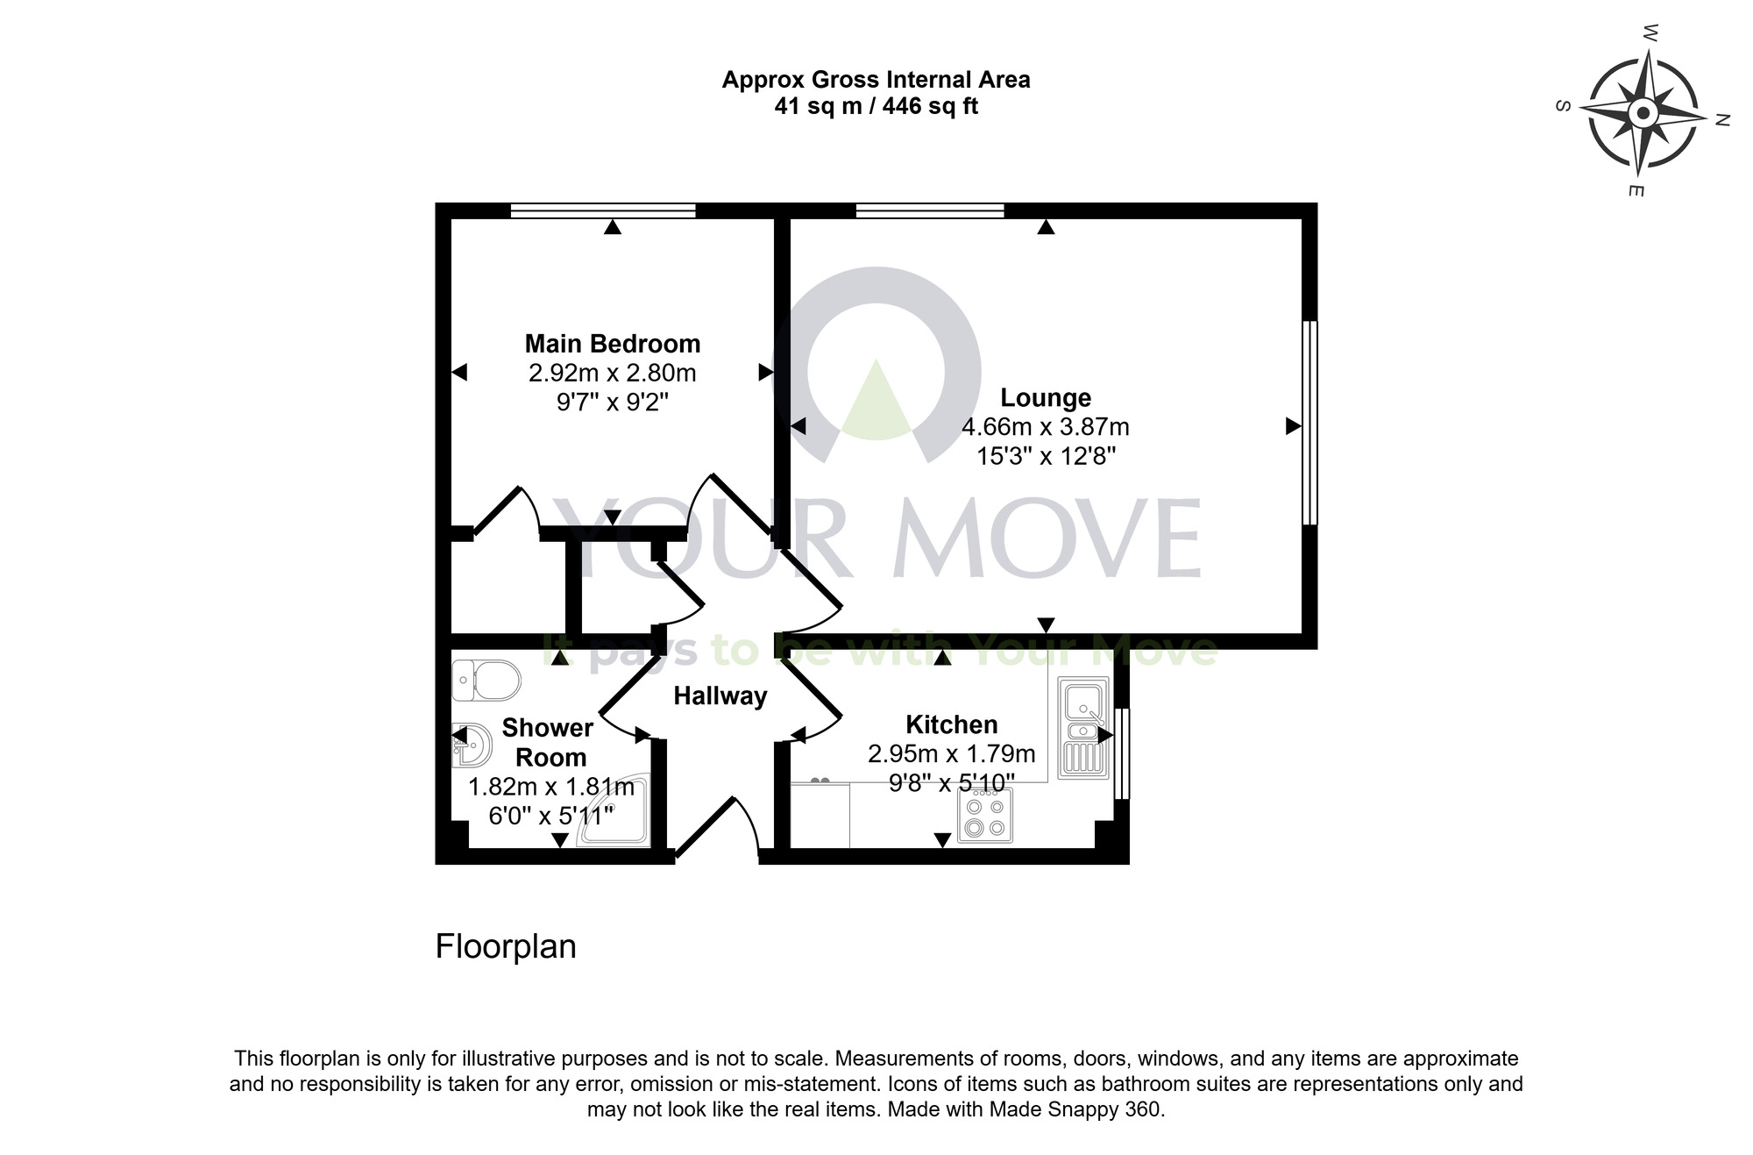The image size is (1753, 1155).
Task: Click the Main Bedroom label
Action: pos(612,344)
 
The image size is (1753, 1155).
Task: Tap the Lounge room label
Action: pos(1045,398)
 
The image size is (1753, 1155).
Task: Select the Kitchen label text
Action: pos(951,725)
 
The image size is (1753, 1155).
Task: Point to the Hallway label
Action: pos(720,696)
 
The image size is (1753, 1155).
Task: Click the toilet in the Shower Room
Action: pos(487,680)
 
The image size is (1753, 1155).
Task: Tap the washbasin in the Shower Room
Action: pos(471,745)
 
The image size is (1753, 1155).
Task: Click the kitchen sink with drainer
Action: pos(1083,728)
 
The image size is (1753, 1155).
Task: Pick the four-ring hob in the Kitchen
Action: pos(984,816)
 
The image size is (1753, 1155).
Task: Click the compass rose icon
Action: pos(1643,113)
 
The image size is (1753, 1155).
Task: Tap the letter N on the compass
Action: pos(1721,121)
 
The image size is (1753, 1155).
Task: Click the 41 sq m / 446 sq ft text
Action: pos(876,107)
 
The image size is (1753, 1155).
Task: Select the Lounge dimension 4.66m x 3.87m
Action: pos(1045,428)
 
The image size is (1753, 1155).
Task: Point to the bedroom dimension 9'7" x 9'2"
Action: pos(612,403)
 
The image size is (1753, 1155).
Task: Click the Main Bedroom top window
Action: pos(603,210)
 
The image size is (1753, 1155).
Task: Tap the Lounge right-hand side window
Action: pos(1309,423)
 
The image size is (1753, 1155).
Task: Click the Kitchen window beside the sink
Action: pos(1123,754)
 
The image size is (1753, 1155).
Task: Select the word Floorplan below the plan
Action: pos(506,947)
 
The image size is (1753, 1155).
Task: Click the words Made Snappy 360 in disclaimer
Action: pos(1075,1109)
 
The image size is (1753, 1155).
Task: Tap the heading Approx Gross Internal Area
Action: pos(876,80)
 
